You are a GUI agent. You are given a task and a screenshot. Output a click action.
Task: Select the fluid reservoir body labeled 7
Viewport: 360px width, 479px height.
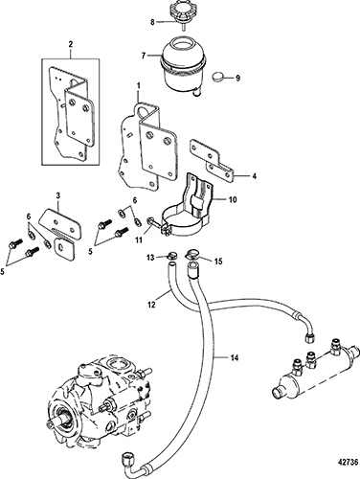coord(181,65)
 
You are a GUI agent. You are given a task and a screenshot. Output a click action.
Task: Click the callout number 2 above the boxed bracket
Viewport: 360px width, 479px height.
coord(71,44)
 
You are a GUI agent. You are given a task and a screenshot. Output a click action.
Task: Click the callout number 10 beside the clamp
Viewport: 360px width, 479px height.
coord(233,200)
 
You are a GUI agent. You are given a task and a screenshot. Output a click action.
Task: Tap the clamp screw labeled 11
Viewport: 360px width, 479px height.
coord(156,223)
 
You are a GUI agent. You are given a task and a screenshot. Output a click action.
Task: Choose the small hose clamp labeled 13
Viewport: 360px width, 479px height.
coord(172,255)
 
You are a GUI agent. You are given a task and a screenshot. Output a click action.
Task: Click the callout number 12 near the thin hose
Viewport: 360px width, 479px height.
coord(151,305)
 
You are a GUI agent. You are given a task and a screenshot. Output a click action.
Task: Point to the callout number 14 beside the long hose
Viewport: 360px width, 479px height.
coord(234,358)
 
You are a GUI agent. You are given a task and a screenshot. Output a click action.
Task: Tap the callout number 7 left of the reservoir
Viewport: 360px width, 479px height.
coord(144,56)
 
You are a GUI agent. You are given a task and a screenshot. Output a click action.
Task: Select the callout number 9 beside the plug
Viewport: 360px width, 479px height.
coord(237,79)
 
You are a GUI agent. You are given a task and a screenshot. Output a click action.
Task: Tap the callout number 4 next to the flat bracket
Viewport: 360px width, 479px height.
coord(254,176)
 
